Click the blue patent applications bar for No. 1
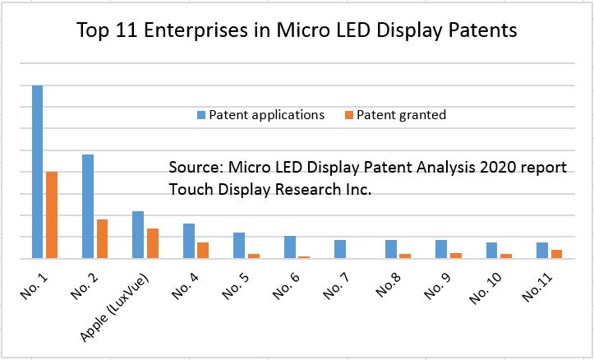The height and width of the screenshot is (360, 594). click(x=37, y=172)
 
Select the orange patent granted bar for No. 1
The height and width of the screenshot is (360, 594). click(x=52, y=215)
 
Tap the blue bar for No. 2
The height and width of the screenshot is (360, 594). click(x=88, y=206)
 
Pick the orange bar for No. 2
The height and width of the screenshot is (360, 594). click(x=102, y=238)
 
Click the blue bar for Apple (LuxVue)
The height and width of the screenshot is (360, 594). click(x=138, y=234)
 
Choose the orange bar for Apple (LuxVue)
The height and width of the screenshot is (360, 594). click(x=152, y=243)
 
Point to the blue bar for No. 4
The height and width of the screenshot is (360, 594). click(x=188, y=241)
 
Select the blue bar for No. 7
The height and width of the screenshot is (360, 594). click(x=340, y=249)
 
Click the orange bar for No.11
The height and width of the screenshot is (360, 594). click(x=556, y=254)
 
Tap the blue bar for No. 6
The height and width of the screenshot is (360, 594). click(x=289, y=247)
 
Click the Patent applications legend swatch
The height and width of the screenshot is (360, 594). click(x=200, y=115)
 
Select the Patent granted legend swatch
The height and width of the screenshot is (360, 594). click(x=348, y=115)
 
